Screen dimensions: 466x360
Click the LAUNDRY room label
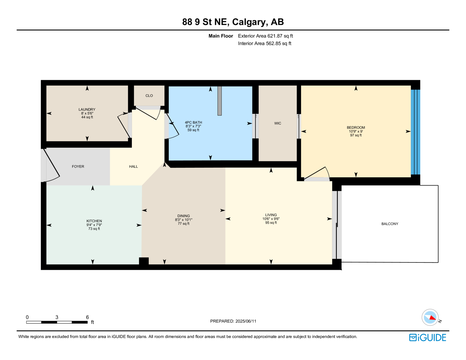point(87,109)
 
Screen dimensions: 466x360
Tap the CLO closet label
point(149,96)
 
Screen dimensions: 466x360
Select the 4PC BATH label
point(193,122)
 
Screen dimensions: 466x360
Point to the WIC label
point(278,123)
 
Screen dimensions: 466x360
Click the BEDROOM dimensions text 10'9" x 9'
point(356,131)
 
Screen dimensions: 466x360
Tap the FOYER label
point(78,166)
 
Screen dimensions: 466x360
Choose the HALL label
point(133,166)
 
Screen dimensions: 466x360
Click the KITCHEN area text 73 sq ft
point(94,229)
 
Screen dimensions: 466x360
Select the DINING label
point(183,216)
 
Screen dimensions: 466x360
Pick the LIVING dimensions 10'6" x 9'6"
point(271,219)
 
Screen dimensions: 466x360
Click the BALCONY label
point(390,224)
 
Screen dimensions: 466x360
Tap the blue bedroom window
point(415,132)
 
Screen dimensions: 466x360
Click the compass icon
point(430,317)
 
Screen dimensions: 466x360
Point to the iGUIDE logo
point(427,338)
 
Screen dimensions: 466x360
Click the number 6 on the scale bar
point(87,317)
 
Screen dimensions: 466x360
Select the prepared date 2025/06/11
point(246,321)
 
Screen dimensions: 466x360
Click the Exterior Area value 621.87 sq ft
point(280,36)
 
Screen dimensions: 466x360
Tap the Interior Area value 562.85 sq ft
point(278,43)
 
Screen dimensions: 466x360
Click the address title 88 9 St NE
point(204,22)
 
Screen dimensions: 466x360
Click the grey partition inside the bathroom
point(219,101)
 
